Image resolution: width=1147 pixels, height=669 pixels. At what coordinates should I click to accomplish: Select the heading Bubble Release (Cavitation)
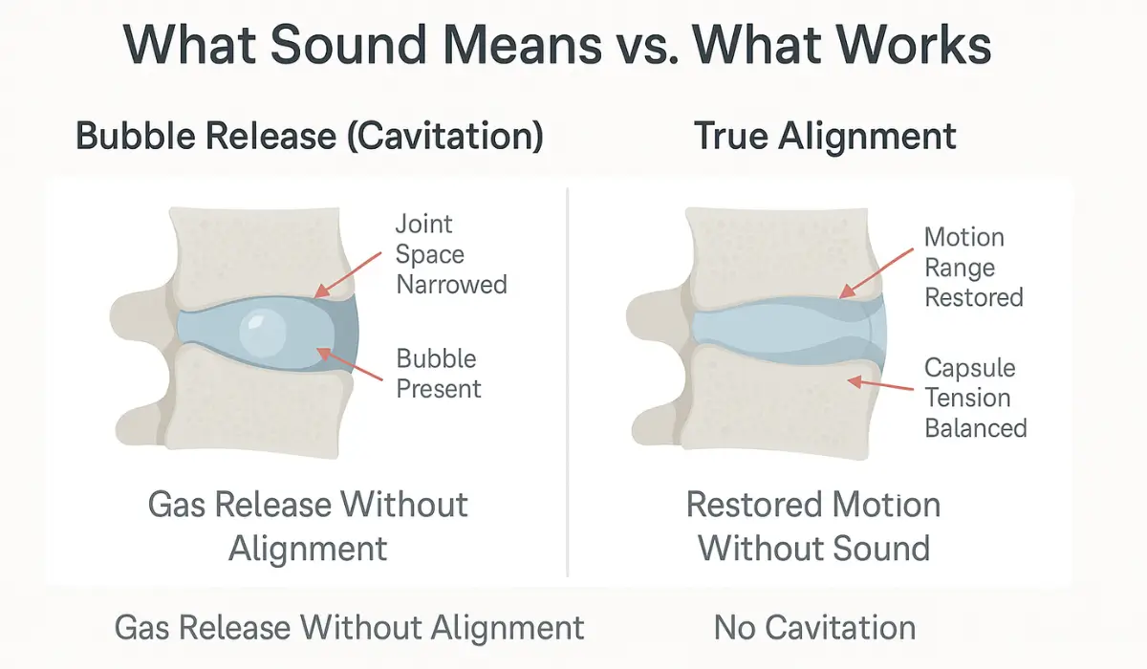pos(310,137)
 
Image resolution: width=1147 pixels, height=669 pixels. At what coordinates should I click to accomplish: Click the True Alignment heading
pos(825,137)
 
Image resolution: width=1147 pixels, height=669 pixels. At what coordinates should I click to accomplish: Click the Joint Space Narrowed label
pos(451,255)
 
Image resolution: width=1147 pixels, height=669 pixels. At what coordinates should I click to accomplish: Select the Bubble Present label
pos(439,374)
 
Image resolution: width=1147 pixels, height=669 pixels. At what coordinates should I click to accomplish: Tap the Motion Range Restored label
pos(973,268)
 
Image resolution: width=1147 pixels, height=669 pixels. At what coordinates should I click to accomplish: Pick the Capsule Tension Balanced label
pos(975,398)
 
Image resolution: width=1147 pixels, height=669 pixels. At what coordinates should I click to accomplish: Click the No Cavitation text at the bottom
pos(814,628)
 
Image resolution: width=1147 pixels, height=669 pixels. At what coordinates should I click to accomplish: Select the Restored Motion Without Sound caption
pos(813,527)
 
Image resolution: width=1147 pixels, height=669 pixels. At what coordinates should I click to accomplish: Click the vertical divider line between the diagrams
pos(568,382)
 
